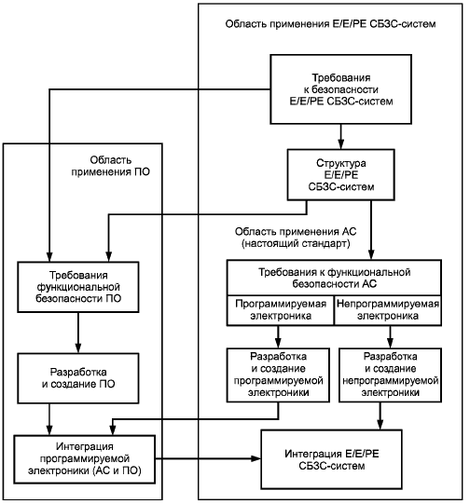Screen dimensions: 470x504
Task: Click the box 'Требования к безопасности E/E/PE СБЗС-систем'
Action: tap(340, 89)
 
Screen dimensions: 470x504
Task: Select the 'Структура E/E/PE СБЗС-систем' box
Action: tap(340, 174)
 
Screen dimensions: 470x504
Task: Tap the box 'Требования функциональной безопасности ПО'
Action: tap(78, 287)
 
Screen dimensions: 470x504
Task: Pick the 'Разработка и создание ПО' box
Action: tap(78, 378)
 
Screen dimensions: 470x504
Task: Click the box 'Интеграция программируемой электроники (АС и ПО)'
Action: tap(84, 459)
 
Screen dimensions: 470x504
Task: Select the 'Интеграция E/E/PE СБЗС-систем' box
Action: tap(331, 459)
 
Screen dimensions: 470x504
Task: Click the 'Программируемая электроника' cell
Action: tap(281, 310)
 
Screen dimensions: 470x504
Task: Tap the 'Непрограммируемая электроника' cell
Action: tap(388, 310)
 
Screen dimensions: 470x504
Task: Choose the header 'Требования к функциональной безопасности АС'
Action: tap(334, 278)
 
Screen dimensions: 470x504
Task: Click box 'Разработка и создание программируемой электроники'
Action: tap(278, 375)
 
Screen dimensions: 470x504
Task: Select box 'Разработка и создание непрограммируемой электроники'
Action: tap(390, 375)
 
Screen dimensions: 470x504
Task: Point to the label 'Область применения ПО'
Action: tap(110, 166)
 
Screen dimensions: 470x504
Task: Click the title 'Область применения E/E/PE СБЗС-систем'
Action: tap(330, 24)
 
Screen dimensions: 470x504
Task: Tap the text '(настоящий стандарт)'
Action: tap(296, 244)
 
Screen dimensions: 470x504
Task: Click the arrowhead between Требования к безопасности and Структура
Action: tap(341, 143)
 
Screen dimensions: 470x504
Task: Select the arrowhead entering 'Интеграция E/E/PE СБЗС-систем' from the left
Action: tap(256, 458)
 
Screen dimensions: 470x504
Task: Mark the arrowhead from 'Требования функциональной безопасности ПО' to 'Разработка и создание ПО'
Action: tap(78, 347)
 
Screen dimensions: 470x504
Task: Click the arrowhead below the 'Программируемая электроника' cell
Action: tap(278, 343)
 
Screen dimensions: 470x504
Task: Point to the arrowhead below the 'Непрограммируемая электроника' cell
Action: tap(390, 343)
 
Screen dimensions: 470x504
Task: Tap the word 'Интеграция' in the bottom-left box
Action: tap(85, 446)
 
